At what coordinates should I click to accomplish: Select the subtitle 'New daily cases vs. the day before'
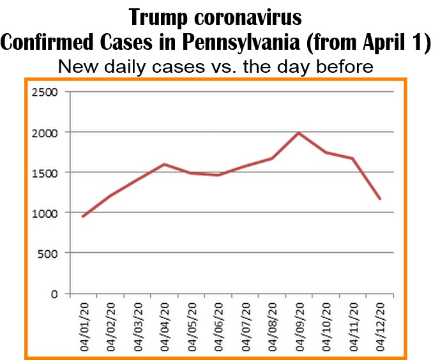215,66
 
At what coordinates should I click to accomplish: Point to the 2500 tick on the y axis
45,93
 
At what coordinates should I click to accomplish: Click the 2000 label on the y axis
45,133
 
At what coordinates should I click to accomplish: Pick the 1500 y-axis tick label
45,173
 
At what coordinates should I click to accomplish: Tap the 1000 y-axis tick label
45,213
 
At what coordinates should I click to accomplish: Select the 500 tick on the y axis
49,253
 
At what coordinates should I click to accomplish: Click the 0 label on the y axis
55,294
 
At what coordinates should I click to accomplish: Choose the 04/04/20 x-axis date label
164,324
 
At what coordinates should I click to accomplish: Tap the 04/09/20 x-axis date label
299,324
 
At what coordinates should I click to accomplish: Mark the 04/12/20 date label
380,324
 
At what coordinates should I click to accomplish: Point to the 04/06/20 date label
218,324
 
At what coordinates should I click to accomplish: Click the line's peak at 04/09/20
299,133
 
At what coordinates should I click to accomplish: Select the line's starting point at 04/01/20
83,216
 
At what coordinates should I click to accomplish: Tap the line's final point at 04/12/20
380,199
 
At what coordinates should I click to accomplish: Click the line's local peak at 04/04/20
164,164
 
